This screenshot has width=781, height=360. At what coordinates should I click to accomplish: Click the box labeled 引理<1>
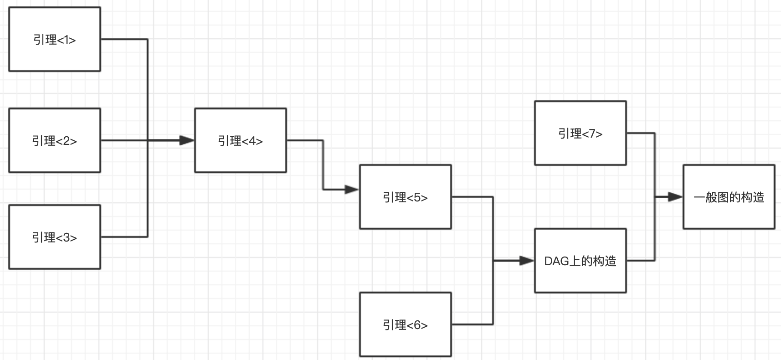pyautogui.click(x=55, y=39)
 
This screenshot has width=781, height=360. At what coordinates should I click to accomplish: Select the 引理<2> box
pyautogui.click(x=55, y=140)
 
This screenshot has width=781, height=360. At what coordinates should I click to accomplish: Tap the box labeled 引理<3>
pyautogui.click(x=55, y=237)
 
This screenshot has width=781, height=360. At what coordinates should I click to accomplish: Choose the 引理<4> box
pyautogui.click(x=240, y=140)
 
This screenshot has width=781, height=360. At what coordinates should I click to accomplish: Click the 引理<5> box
pyautogui.click(x=405, y=197)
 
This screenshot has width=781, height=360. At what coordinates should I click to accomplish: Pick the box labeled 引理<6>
pyautogui.click(x=405, y=324)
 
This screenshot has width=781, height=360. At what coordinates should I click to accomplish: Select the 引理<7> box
pyautogui.click(x=580, y=133)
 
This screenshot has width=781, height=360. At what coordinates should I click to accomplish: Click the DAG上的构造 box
pyautogui.click(x=580, y=261)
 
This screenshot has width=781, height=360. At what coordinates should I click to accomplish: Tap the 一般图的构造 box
pyautogui.click(x=729, y=197)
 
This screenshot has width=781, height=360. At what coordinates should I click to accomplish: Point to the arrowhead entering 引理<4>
pyautogui.click(x=187, y=140)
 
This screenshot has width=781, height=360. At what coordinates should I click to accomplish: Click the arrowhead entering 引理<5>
pyautogui.click(x=352, y=189)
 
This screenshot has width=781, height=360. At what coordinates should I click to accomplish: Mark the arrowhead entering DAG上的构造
pyautogui.click(x=527, y=261)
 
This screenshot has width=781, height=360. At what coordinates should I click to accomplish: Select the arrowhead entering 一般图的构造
pyautogui.click(x=675, y=197)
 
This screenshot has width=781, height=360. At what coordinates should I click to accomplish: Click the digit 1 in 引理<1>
pyautogui.click(x=67, y=40)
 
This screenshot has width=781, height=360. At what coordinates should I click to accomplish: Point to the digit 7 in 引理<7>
pyautogui.click(x=592, y=134)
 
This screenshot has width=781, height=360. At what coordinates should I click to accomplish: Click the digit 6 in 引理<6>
pyautogui.click(x=417, y=325)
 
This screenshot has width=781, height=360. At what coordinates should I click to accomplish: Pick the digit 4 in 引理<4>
pyautogui.click(x=252, y=141)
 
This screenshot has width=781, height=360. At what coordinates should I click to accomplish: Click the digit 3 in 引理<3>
pyautogui.click(x=67, y=238)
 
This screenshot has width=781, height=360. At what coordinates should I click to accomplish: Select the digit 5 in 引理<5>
pyautogui.click(x=417, y=198)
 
